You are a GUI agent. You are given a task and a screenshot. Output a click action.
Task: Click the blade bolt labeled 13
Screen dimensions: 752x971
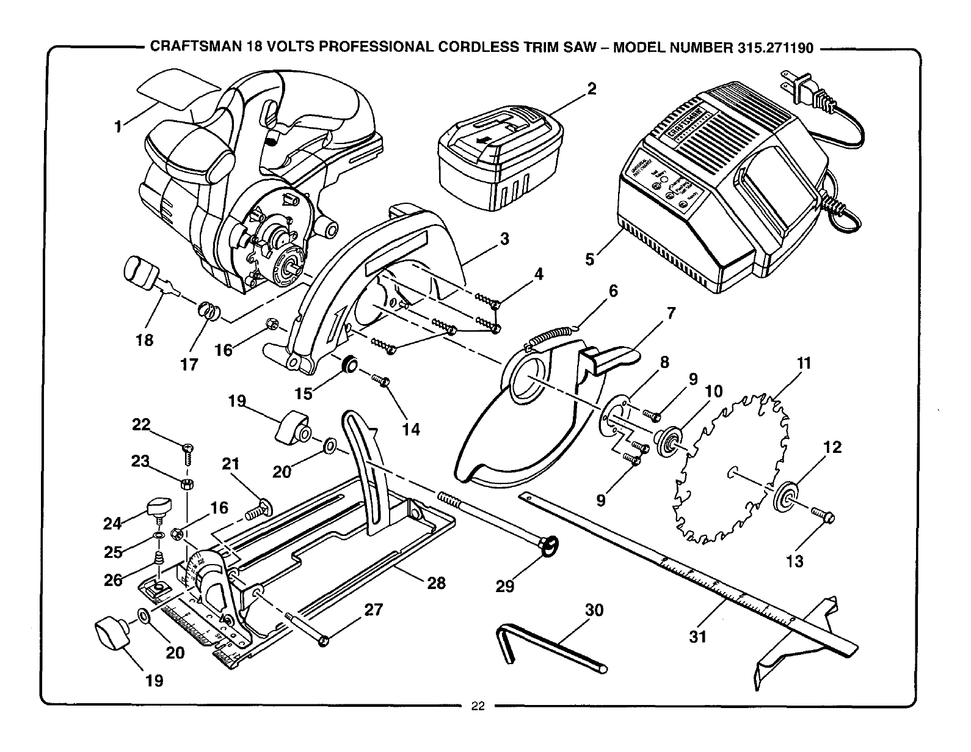pyautogui.click(x=824, y=516)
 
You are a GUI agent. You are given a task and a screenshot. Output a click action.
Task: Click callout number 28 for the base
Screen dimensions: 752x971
pyautogui.click(x=436, y=583)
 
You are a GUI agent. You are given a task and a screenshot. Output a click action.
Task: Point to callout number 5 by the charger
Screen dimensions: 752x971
pyautogui.click(x=589, y=259)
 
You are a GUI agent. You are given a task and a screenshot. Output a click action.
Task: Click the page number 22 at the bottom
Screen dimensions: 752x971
pyautogui.click(x=478, y=707)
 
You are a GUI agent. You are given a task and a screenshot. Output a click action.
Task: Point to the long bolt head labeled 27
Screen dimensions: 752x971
pyautogui.click(x=324, y=640)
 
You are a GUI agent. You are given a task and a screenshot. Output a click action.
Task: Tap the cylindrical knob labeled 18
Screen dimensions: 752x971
pyautogui.click(x=139, y=272)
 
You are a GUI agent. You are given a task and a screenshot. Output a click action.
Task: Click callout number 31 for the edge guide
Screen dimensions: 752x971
pyautogui.click(x=698, y=637)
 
